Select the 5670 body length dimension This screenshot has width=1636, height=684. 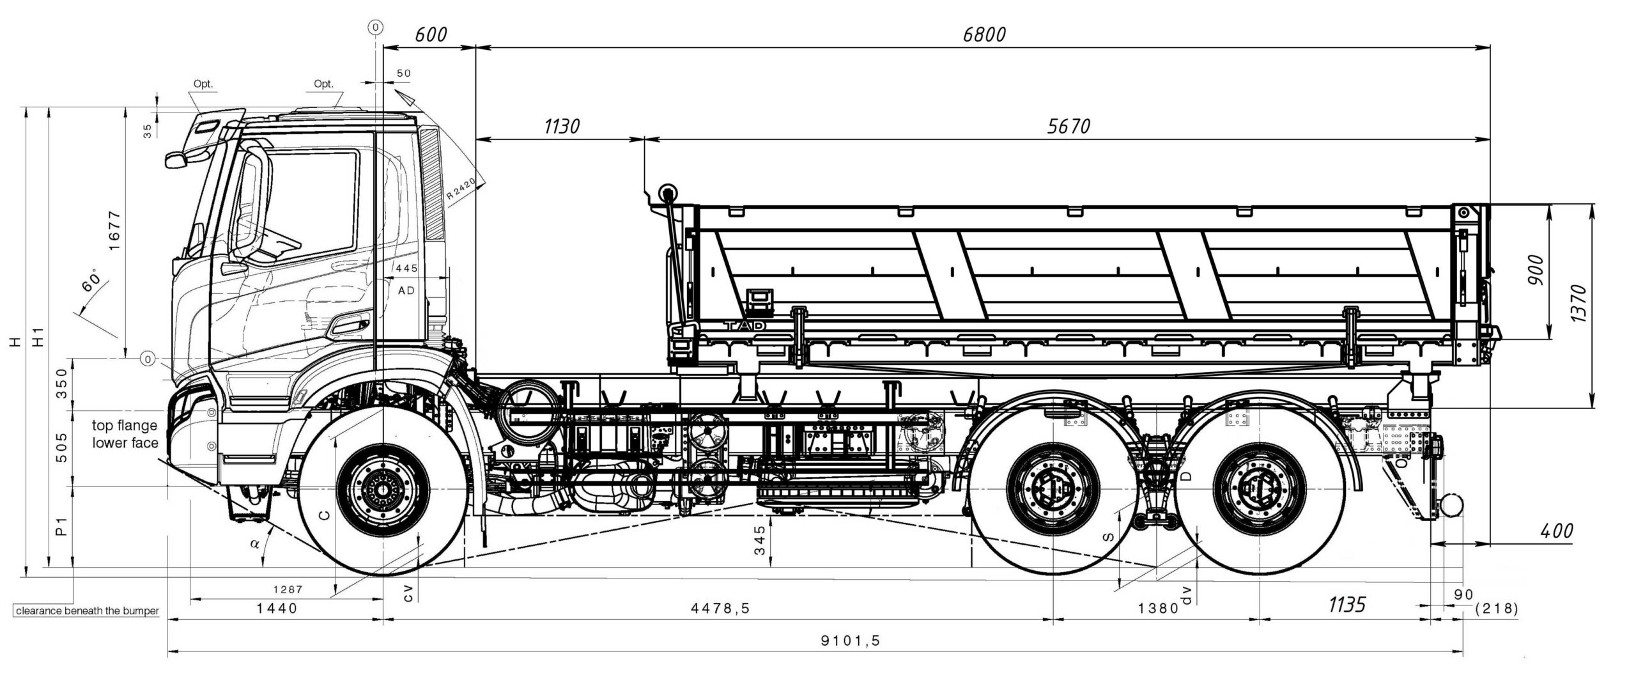point(1069,127)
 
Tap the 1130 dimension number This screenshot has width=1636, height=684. point(562,127)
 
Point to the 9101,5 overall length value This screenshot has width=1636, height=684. point(851,641)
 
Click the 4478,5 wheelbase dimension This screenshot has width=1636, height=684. point(720,609)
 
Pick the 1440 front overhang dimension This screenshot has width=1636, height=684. point(277,609)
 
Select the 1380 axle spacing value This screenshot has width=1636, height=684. point(1158,609)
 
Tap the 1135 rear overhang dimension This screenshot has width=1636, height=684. point(1347,605)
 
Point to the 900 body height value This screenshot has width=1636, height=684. point(1537,270)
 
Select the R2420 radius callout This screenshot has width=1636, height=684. point(461,190)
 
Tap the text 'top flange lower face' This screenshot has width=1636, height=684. point(125,434)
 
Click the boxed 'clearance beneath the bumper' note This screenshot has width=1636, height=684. point(87,611)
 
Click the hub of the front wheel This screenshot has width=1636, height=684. point(383,490)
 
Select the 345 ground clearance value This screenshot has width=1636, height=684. point(759,540)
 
